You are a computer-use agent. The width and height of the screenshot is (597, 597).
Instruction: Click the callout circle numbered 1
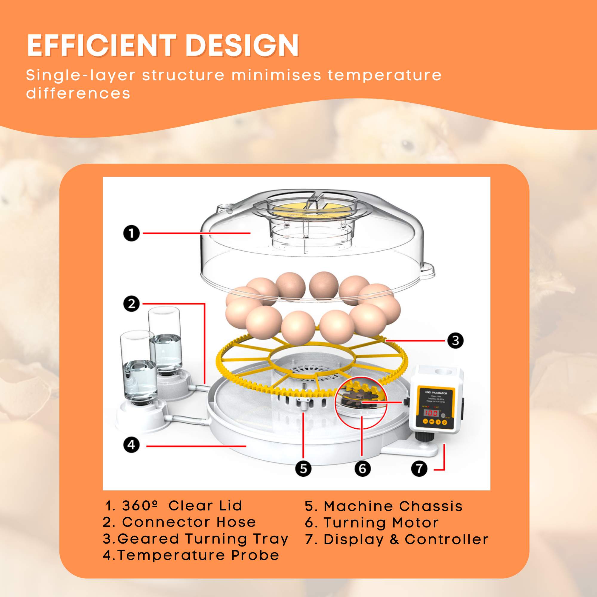(132, 233)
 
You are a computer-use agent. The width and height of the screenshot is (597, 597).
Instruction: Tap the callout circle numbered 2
(132, 304)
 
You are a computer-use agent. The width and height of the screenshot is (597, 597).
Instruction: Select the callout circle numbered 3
(456, 341)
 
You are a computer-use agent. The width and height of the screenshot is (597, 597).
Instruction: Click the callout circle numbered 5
(303, 468)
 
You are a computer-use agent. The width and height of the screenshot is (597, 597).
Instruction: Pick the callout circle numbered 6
(362, 468)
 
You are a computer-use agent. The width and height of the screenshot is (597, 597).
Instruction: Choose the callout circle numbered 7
(419, 468)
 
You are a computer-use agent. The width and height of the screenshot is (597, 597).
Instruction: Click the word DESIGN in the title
(242, 45)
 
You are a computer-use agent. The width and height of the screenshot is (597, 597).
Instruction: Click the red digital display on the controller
(431, 413)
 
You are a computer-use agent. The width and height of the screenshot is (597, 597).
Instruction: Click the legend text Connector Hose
(189, 522)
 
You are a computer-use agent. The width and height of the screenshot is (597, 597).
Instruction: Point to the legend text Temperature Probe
(199, 555)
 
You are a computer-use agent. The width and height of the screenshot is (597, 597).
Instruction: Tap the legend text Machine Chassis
(393, 506)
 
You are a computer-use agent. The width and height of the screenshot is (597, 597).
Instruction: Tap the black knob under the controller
(421, 437)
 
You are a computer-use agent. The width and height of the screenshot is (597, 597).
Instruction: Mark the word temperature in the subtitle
(385, 75)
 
